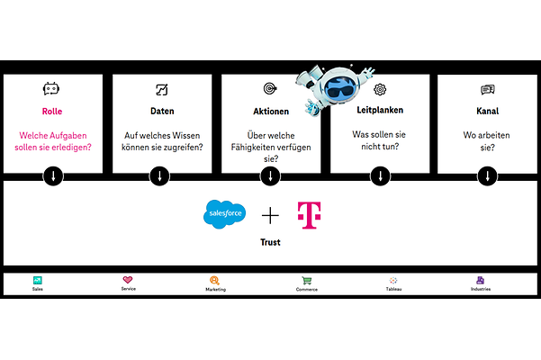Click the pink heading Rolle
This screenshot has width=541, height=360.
(52, 112)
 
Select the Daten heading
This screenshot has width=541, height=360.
(162, 112)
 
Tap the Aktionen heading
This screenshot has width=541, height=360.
(270, 112)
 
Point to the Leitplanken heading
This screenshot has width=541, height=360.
(380, 112)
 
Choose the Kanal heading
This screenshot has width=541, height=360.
(489, 112)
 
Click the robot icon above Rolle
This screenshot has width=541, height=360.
(51, 89)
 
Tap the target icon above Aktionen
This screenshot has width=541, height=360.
(269, 89)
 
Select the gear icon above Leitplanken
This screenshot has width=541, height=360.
(380, 89)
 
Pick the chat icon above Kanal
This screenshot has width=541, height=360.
(488, 89)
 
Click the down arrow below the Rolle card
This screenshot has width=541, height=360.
(53, 175)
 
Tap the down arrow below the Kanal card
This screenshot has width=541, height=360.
(488, 175)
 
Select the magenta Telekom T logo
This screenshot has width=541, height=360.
(310, 215)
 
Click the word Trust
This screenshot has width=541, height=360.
(270, 242)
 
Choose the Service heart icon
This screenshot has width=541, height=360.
(128, 280)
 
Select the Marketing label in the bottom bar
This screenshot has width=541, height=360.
(215, 290)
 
